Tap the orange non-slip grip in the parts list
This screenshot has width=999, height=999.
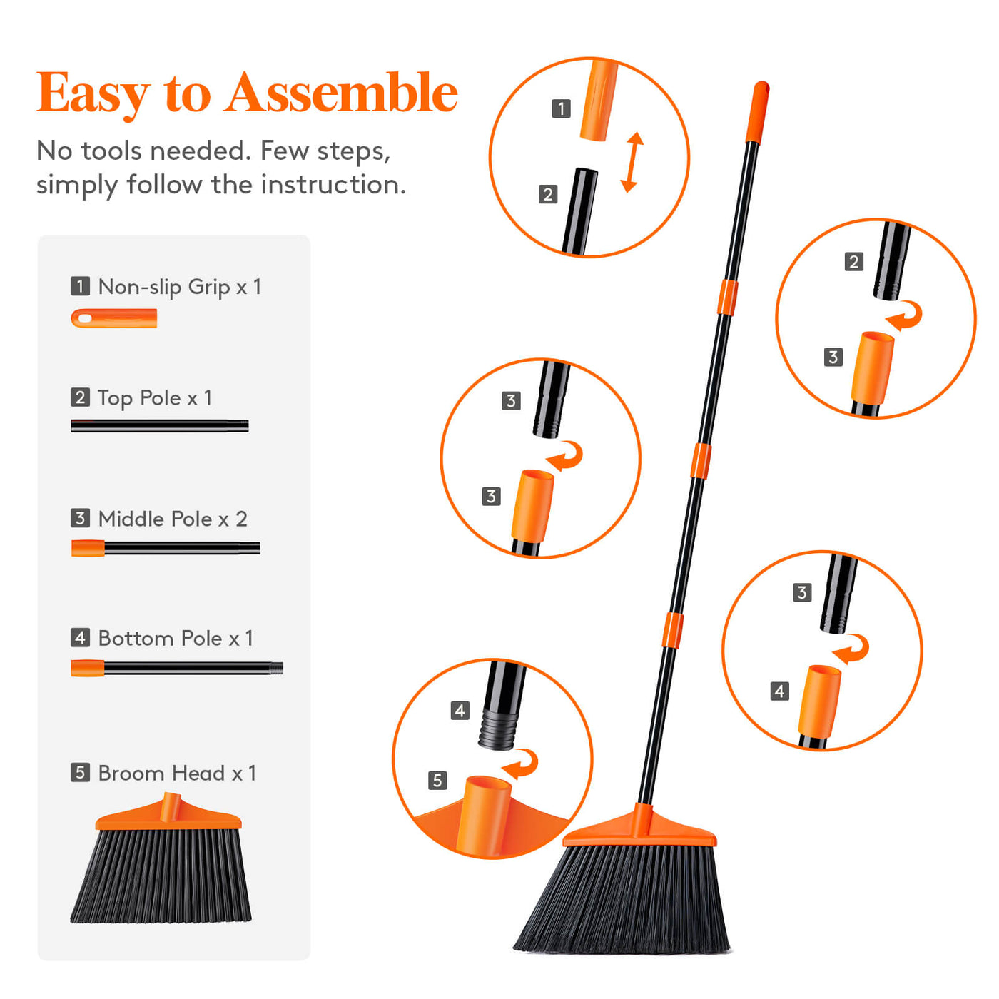[114, 318]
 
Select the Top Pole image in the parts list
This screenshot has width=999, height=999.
[160, 425]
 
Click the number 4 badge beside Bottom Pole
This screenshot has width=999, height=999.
[80, 637]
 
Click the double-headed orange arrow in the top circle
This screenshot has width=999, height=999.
[632, 162]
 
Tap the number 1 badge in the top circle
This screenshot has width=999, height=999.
[561, 109]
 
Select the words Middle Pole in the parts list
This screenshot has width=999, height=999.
[155, 519]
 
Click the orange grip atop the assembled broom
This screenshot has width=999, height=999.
[757, 112]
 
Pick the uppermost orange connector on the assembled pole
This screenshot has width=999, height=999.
[727, 298]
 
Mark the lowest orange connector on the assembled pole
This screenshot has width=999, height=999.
[672, 630]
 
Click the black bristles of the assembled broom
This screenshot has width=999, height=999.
[623, 900]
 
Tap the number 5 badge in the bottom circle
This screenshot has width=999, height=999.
[437, 780]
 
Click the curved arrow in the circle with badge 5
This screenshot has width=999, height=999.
[520, 764]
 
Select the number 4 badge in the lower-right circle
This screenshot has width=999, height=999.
[780, 691]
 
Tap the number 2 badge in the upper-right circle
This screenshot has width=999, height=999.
[854, 262]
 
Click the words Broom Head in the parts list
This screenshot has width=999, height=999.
[162, 773]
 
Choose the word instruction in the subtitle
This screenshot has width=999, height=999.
[333, 185]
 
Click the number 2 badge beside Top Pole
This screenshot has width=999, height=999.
[80, 397]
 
